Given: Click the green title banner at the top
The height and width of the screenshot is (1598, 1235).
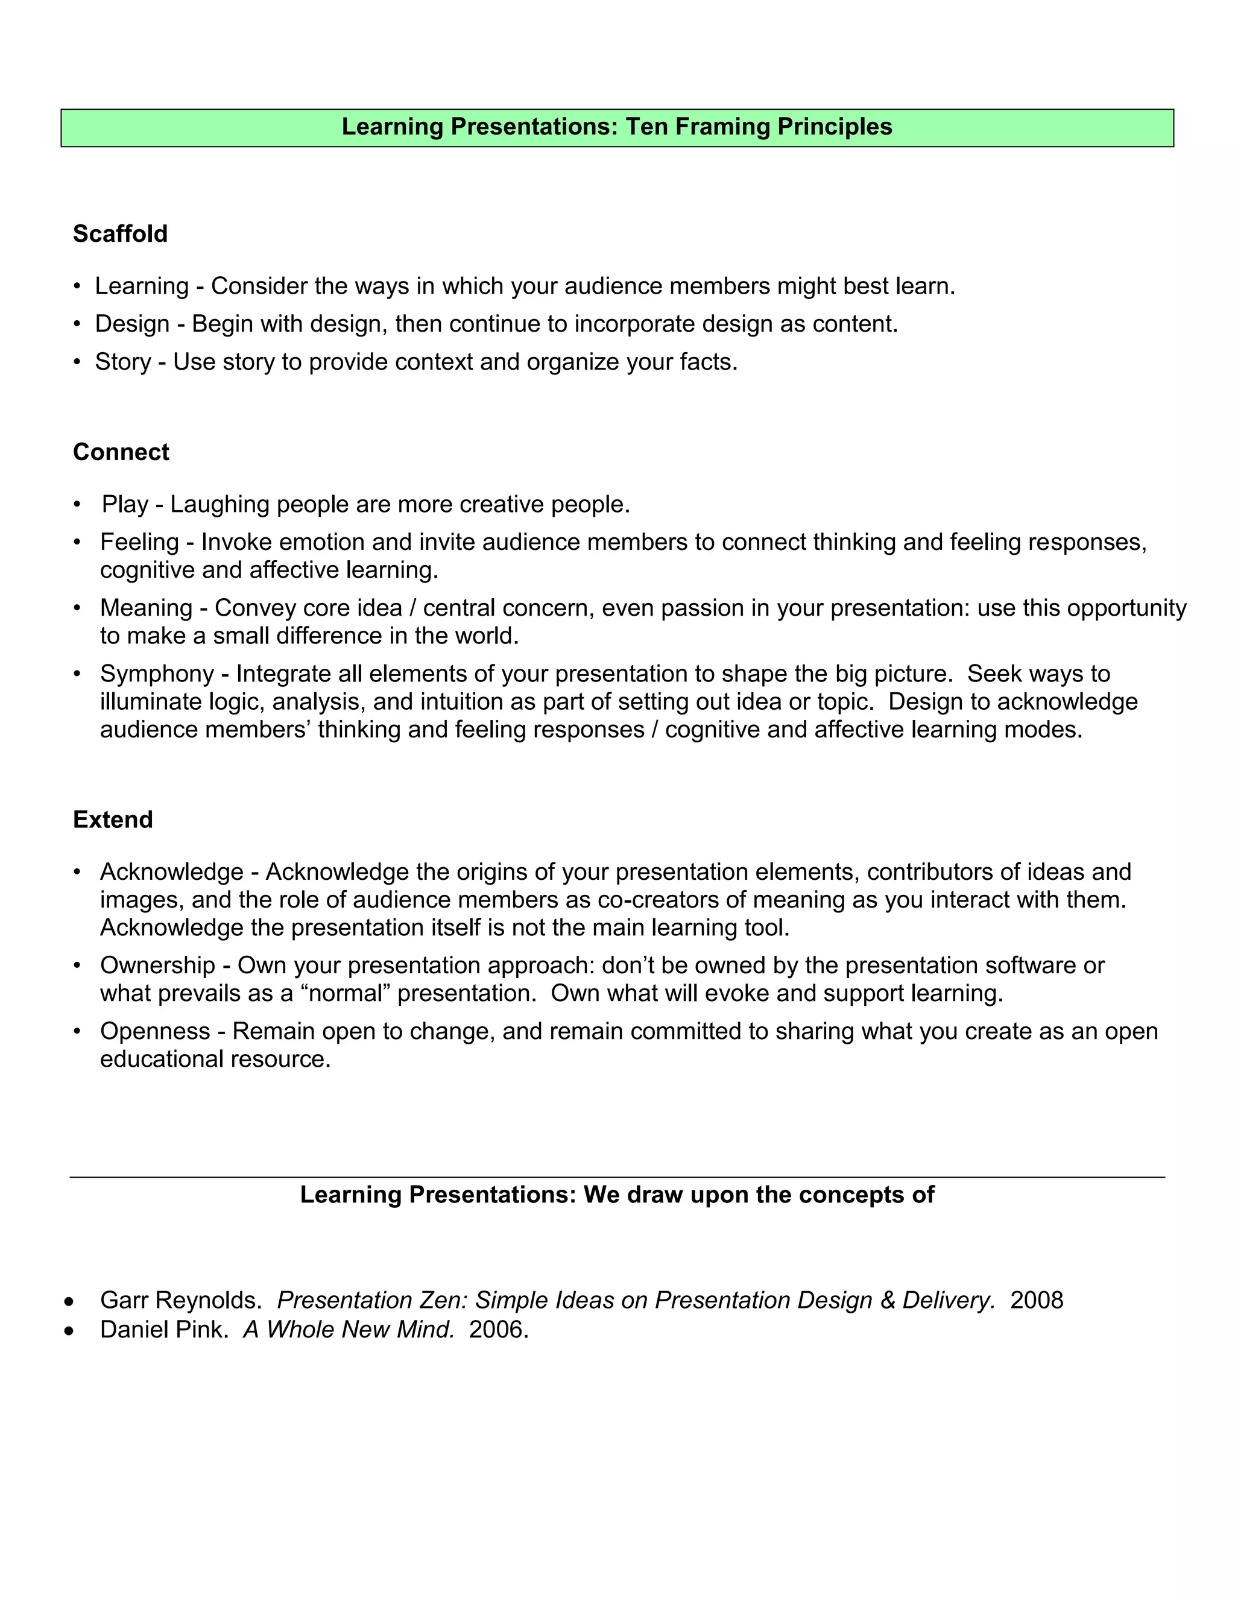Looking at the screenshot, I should coord(617,127).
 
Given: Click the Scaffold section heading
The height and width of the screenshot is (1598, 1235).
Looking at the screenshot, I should coord(120,233).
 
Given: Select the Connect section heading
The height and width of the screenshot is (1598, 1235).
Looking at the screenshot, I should coord(121,452).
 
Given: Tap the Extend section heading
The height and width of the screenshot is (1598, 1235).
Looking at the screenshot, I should coord(113,819).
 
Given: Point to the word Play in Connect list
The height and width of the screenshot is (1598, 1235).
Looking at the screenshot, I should coord(124,504).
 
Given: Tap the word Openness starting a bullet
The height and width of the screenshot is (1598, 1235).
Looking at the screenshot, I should coord(155,1031).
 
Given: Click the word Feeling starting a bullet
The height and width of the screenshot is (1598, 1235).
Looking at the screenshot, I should coord(139,542).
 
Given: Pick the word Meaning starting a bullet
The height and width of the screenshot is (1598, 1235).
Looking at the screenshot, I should coord(145,608).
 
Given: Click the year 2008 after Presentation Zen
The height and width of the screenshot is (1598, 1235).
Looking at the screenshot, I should coord(1036,1300).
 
